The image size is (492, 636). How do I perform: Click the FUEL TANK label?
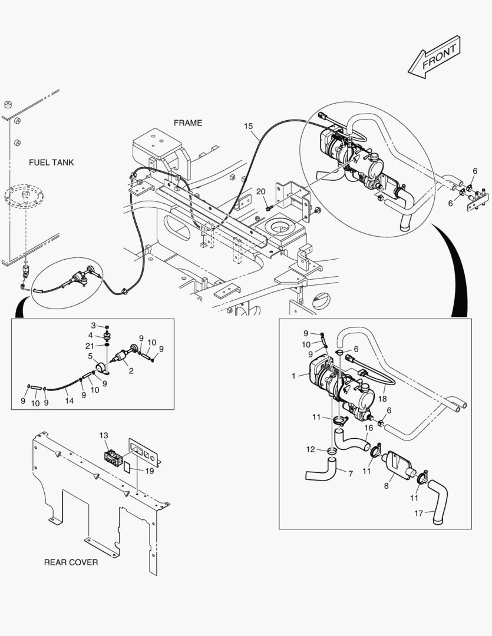(51, 163)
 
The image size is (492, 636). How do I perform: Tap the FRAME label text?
(187, 123)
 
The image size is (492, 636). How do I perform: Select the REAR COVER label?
(71, 562)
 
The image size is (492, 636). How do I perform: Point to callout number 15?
(248, 126)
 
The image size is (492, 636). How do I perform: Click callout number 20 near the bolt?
(261, 191)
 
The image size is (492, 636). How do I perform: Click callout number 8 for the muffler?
(386, 486)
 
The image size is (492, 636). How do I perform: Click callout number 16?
(368, 428)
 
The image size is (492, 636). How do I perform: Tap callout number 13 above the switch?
(104, 435)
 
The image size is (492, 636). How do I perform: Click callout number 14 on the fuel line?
(69, 400)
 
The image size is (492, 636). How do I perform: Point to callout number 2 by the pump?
(131, 371)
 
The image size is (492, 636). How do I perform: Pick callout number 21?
(90, 346)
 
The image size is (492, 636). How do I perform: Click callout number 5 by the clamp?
(90, 356)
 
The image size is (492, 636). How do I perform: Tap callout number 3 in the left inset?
(93, 326)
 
